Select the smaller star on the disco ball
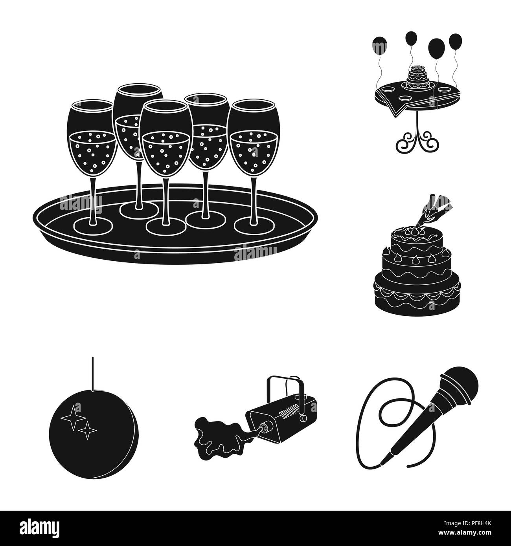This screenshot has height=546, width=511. (x=88, y=430)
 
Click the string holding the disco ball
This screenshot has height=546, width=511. (x=93, y=373)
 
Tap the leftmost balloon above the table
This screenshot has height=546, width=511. (x=380, y=46)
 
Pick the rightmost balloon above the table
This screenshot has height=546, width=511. (x=456, y=42)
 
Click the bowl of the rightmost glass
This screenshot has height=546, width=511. (x=254, y=137)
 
